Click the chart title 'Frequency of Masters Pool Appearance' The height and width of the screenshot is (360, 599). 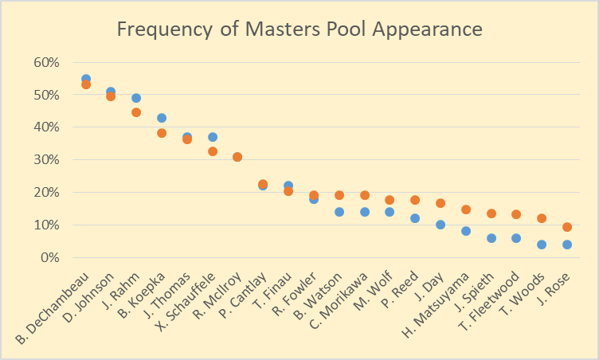tap(299, 29)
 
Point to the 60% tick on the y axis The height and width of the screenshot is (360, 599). tap(45, 62)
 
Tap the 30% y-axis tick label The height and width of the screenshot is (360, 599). tap(45, 159)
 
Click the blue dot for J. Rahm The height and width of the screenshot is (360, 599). tap(136, 98)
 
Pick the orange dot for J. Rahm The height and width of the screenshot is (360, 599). tap(136, 112)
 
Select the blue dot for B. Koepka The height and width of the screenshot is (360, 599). tap(162, 118)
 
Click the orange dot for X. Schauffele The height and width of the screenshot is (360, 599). tap(213, 151)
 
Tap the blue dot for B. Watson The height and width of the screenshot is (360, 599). tap(339, 212)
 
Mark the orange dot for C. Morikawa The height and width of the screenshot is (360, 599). tap(365, 195)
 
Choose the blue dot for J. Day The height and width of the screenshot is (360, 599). tap(440, 225)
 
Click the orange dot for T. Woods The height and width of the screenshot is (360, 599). tap(542, 218)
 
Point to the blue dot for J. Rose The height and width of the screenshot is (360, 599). tap(567, 245)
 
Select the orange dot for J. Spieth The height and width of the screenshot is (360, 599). tap(491, 213)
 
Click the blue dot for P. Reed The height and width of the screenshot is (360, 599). tap(415, 218)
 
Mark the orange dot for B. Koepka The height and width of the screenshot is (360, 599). tap(162, 133)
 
